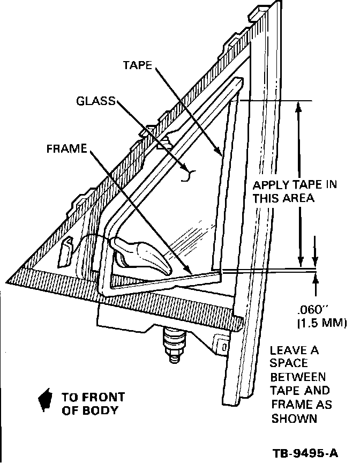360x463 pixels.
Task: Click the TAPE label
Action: tap(138, 65)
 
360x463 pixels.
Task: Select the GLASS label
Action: tap(95, 101)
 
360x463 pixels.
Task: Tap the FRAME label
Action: tap(66, 149)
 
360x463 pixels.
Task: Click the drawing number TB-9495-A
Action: tap(305, 453)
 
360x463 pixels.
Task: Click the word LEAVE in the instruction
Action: tap(287, 352)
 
